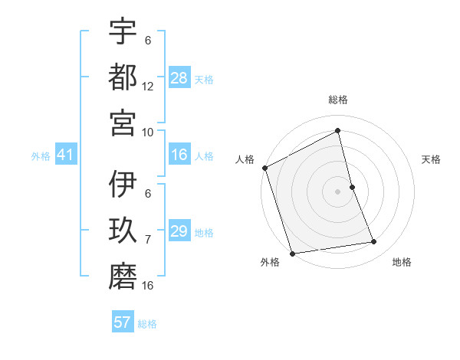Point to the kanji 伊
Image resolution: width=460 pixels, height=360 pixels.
pos(123,186)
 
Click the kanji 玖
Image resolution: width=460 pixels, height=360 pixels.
pos(123,231)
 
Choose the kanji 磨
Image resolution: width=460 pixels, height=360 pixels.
pos(123,277)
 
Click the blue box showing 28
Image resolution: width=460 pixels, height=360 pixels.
pos(179,78)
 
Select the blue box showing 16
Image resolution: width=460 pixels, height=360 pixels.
pos(179,155)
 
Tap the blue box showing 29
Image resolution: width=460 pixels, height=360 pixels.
pos(179,231)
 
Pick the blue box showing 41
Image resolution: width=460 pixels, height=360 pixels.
pos(65,155)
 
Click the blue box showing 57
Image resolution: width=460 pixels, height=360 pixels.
pos(123,322)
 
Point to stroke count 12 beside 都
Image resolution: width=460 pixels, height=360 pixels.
pos(148,87)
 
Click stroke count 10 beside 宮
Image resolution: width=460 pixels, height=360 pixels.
pos(148,132)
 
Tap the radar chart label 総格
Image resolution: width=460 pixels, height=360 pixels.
pos(338,100)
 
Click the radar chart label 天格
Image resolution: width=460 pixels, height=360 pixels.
pos(432,159)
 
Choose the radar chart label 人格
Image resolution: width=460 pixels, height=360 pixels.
pos(245,159)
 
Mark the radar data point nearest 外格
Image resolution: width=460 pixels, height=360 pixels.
pos(292,254)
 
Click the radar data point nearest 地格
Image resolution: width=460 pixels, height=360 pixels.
pos(374,242)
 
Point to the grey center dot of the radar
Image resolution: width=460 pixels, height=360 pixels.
pos(338,191)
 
